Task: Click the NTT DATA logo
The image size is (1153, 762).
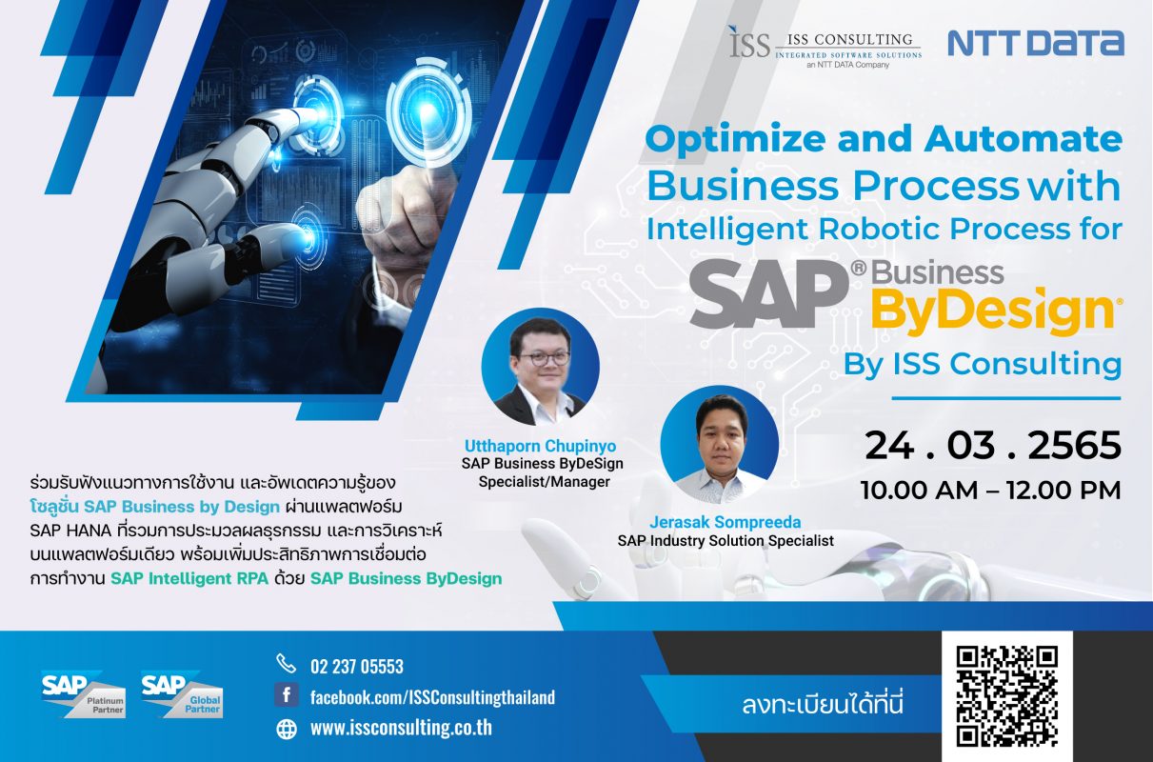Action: (x=1036, y=43)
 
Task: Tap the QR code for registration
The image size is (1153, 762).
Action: (x=1006, y=696)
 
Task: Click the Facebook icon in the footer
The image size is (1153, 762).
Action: (x=287, y=695)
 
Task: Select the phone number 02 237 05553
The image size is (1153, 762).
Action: (x=357, y=666)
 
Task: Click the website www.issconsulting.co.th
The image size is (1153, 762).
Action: (x=401, y=728)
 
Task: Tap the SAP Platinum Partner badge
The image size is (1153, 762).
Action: (x=84, y=694)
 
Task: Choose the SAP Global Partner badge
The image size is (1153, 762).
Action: (x=182, y=694)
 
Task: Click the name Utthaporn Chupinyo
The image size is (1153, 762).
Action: (x=540, y=446)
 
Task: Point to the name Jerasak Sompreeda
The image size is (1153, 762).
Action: (x=726, y=522)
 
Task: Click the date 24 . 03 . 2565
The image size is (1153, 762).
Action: (x=993, y=446)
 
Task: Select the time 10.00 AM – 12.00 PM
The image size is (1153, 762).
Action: (x=991, y=490)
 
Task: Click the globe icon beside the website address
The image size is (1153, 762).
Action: (x=287, y=729)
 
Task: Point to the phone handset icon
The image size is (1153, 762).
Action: (x=287, y=664)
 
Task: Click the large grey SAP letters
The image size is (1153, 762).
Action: (x=769, y=293)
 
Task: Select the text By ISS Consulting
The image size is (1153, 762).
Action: (x=983, y=365)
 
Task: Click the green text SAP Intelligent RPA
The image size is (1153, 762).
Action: (x=189, y=579)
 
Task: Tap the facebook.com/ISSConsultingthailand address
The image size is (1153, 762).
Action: (x=433, y=697)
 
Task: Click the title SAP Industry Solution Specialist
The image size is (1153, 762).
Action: (x=726, y=541)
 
